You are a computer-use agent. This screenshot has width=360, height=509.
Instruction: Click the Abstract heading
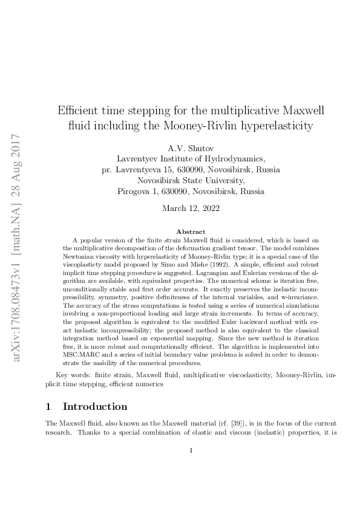coord(191,232)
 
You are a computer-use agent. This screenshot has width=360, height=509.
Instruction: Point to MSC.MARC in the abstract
coord(81,341)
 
